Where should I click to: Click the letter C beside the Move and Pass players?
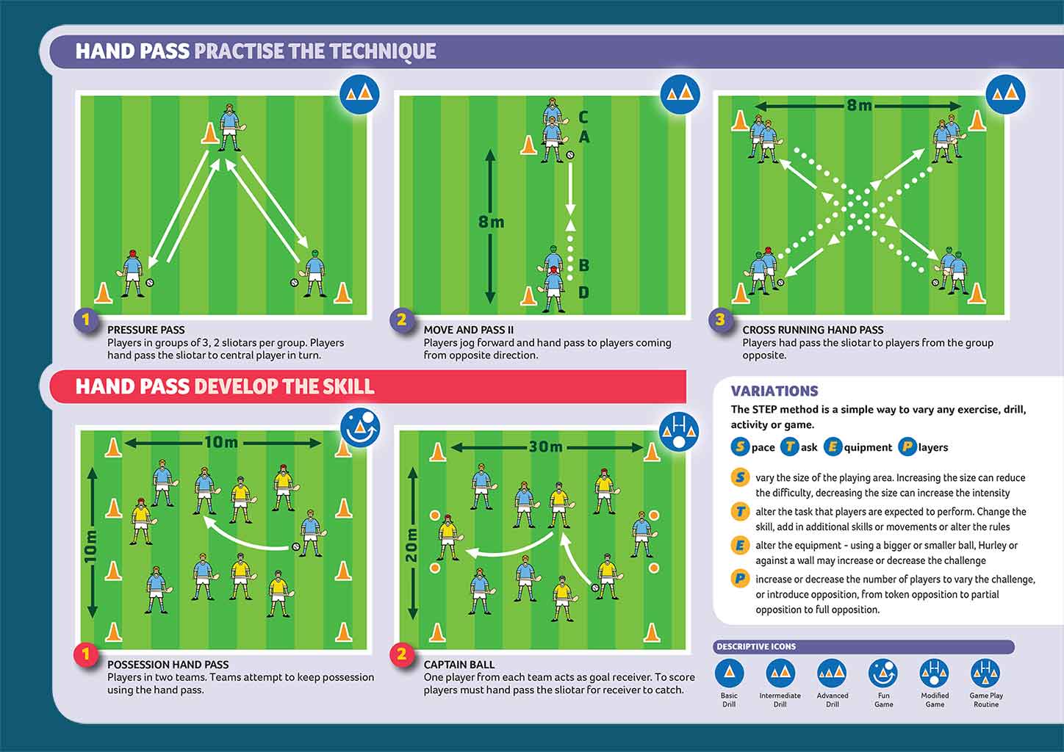(x=583, y=117)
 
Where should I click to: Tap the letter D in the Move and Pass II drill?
(x=583, y=292)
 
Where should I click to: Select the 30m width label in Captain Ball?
(x=546, y=446)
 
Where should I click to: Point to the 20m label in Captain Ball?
(x=411, y=545)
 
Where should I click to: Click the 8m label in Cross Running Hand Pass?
(x=859, y=105)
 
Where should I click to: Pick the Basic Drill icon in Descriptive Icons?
(x=729, y=673)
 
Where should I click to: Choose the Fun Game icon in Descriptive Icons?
(x=883, y=673)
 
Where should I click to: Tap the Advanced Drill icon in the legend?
(x=832, y=673)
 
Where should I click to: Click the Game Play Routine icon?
(x=985, y=673)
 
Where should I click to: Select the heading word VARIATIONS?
(x=774, y=391)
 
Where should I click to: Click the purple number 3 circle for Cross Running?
(x=721, y=319)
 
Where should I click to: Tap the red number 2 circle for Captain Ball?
(x=402, y=654)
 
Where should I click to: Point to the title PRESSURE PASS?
(x=145, y=330)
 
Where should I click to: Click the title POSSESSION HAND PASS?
(x=168, y=664)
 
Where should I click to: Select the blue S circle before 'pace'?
(x=739, y=446)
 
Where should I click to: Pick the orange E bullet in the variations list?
(x=739, y=546)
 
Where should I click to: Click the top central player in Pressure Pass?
(x=229, y=127)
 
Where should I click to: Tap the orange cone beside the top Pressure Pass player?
(x=209, y=133)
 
